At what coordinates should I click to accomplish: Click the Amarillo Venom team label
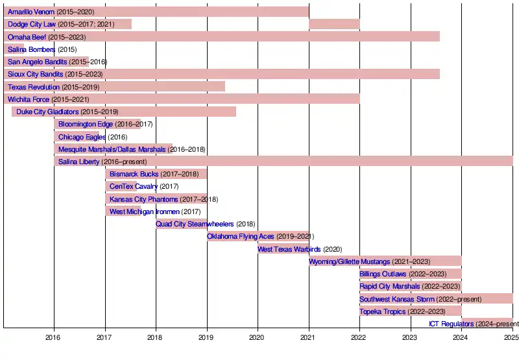point(30,12)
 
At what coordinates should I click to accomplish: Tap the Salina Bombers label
point(31,49)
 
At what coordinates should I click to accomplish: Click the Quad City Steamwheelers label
point(195,224)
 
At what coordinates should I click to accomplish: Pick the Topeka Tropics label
point(383,311)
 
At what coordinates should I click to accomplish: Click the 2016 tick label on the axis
point(54,337)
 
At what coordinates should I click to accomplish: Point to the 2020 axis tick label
point(258,337)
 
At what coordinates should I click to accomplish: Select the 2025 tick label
point(512,337)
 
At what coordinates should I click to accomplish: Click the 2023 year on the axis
point(410,337)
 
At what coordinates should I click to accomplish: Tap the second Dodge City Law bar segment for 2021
point(334,24)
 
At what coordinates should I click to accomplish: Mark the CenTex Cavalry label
point(134,187)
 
